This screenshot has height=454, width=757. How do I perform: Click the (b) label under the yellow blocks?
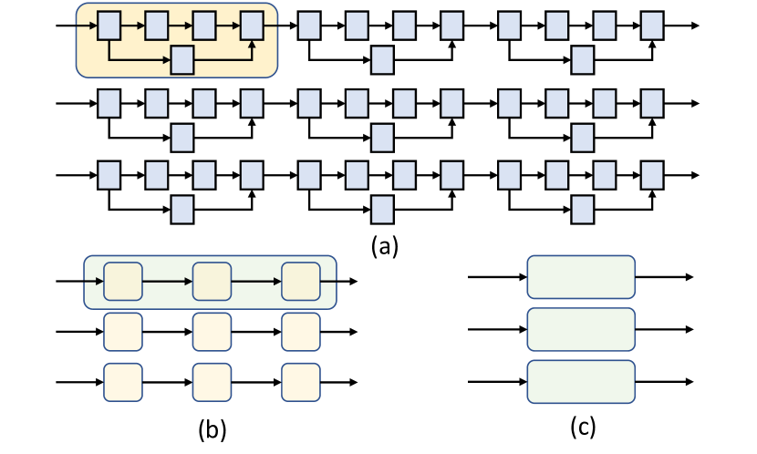211,427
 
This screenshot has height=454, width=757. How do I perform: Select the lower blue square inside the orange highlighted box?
183,59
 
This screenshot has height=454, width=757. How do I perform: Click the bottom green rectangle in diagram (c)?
581,379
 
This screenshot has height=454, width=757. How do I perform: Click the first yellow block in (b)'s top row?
123,282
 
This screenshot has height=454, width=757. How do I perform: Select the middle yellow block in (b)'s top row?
212,282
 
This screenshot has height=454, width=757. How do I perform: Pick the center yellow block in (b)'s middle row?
212,331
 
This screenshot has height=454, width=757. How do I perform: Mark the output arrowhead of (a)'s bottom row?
695,174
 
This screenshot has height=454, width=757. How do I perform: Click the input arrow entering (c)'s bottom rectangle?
497,380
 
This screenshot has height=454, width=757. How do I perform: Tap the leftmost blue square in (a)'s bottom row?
109,174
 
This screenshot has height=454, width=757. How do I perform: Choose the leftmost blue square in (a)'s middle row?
109,101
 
